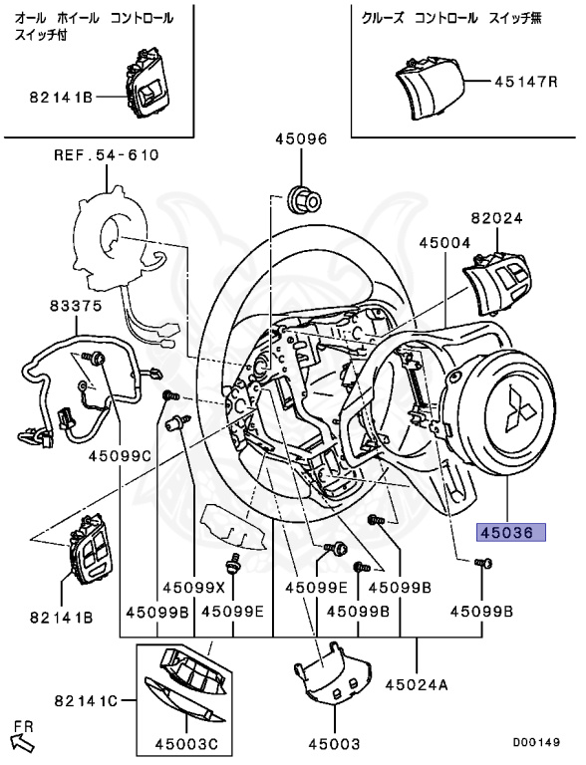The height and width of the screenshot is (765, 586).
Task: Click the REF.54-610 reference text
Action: (x=106, y=154)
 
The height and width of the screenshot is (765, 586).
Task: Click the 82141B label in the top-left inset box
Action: (x=60, y=97)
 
